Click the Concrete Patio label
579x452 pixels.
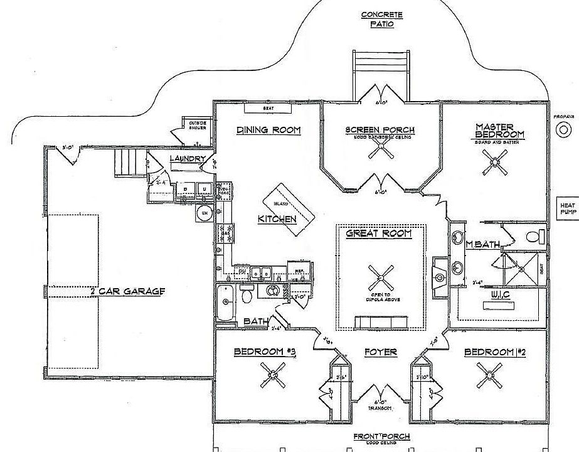381,19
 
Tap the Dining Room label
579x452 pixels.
268,131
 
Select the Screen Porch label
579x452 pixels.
380,131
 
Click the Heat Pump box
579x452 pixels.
568,208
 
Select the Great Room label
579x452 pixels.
378,234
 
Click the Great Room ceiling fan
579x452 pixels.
380,276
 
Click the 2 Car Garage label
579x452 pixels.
127,291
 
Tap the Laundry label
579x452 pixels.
186,159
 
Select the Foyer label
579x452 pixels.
381,352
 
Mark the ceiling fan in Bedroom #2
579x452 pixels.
489,376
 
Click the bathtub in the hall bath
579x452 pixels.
225,304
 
